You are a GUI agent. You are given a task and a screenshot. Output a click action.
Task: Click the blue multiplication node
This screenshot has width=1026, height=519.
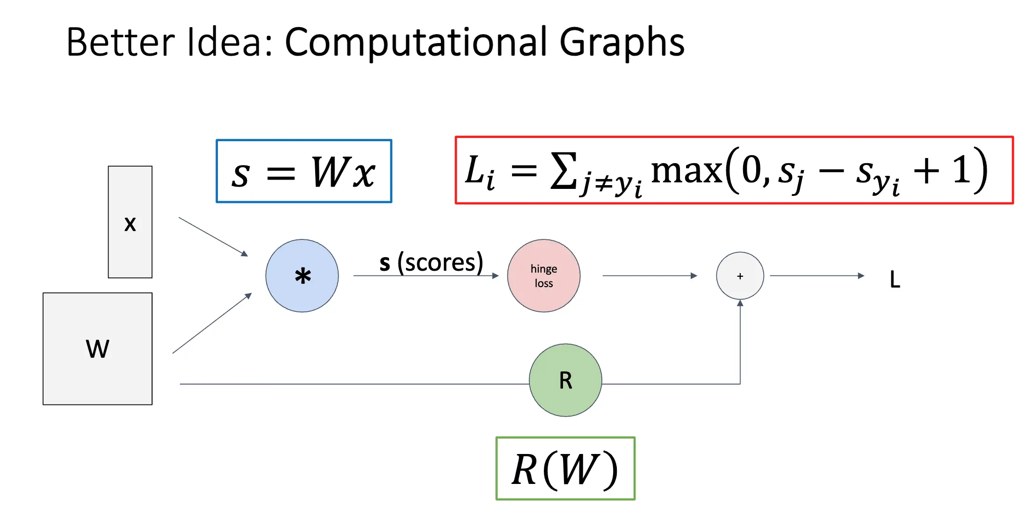[x=302, y=276]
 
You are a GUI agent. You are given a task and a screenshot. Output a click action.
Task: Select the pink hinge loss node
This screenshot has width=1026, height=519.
[x=544, y=276]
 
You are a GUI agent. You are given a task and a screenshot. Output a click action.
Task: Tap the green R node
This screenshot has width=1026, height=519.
[x=565, y=380]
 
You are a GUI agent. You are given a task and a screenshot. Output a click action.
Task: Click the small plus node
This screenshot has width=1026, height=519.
[x=740, y=276]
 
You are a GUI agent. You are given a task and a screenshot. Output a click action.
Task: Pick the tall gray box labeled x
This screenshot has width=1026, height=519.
[x=130, y=222]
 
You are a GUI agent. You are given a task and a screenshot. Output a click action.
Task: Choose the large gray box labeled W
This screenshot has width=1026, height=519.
[x=97, y=349]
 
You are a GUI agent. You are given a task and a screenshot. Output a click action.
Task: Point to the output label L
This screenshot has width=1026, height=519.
[x=895, y=280]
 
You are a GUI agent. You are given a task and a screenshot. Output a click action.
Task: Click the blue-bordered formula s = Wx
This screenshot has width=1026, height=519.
[x=304, y=171]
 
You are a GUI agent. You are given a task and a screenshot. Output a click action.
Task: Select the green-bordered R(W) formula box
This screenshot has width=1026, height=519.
[x=565, y=469]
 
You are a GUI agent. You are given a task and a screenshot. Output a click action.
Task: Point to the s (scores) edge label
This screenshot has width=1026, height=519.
[x=431, y=262]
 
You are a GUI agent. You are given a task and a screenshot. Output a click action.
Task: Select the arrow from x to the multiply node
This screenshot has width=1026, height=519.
[x=213, y=237]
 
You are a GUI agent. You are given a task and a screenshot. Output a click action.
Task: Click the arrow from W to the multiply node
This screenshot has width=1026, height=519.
[x=212, y=324]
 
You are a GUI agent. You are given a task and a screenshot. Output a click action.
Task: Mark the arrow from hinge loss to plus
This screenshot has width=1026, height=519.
[x=650, y=276]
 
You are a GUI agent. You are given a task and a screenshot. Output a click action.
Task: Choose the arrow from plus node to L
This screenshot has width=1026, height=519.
[x=816, y=276]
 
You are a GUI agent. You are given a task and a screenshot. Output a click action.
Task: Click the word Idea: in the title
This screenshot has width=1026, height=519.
[x=229, y=43]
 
